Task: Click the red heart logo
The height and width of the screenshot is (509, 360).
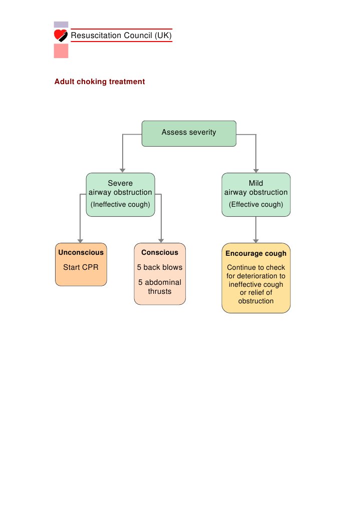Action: pos(61,35)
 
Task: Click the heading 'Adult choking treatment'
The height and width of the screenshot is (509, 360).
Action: pos(100,82)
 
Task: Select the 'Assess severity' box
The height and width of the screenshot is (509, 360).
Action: pos(189,133)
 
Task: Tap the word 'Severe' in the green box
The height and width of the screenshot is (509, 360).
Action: pos(120,183)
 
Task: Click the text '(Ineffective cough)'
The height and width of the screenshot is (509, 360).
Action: pos(120,204)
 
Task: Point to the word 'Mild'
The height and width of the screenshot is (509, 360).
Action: pos(256,183)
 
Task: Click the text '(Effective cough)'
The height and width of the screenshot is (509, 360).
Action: pos(256,204)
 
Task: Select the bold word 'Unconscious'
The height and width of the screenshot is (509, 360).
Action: pos(81,252)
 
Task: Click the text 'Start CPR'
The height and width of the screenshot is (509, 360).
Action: pos(81,267)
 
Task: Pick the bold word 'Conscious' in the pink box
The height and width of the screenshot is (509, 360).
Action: pos(160,252)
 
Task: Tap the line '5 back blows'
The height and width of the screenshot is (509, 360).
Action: pos(160,267)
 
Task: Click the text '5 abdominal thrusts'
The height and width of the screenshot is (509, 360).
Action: pos(160,287)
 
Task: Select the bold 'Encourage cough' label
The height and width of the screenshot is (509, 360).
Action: pos(256,253)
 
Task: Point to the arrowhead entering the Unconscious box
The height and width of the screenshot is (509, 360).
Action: pos(80,240)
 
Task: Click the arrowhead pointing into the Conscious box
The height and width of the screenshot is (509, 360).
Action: pos(161,240)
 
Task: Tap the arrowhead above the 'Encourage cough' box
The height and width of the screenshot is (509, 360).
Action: pos(256,240)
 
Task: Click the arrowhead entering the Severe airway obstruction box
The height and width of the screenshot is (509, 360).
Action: pos(122,170)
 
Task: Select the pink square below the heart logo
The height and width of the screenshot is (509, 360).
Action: pos(61,51)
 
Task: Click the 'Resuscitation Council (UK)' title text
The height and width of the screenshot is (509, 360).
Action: pos(121,36)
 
